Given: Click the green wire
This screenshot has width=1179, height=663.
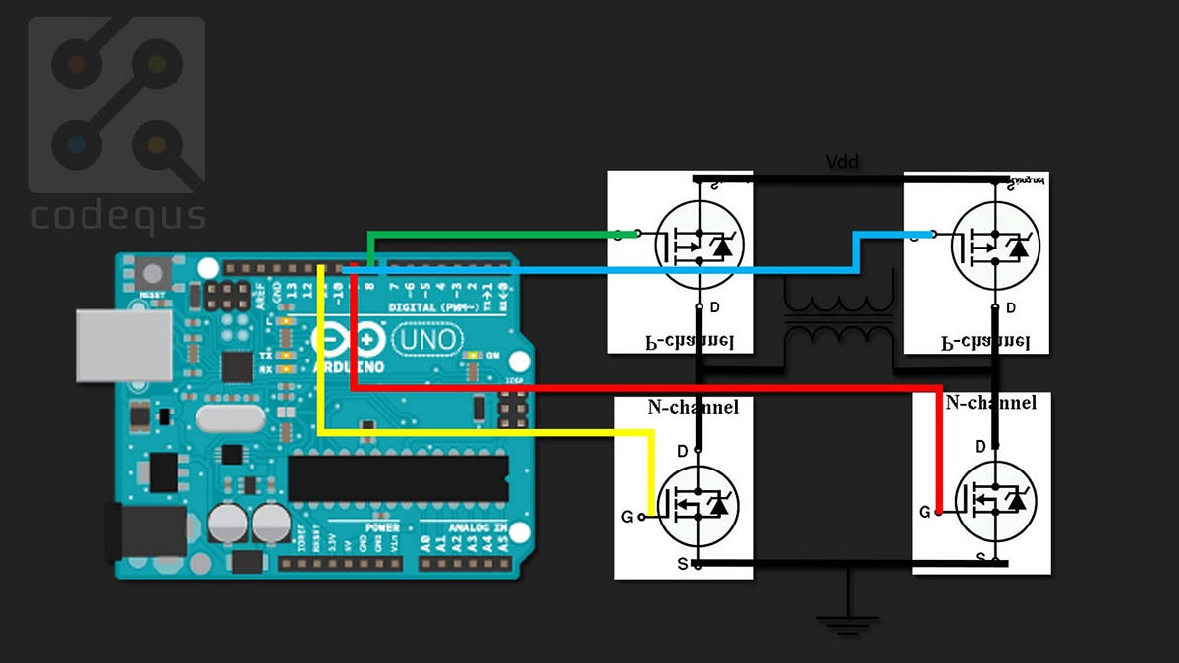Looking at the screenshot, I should point(491,234).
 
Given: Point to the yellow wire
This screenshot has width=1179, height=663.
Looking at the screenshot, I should point(491,431).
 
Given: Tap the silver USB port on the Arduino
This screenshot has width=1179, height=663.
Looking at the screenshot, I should point(123,346).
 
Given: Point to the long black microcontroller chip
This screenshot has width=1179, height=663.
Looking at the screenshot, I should point(398,477).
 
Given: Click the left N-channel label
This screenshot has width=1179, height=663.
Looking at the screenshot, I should point(693,407).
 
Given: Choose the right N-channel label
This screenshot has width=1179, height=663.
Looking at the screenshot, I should point(990,403).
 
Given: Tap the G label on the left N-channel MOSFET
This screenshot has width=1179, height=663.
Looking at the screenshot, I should point(627,516).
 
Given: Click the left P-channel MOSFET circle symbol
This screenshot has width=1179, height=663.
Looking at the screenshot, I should point(699,245).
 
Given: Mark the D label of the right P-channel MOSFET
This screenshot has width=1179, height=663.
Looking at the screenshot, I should point(1010,307).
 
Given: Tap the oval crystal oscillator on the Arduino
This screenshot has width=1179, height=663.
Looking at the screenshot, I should point(230,418).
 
